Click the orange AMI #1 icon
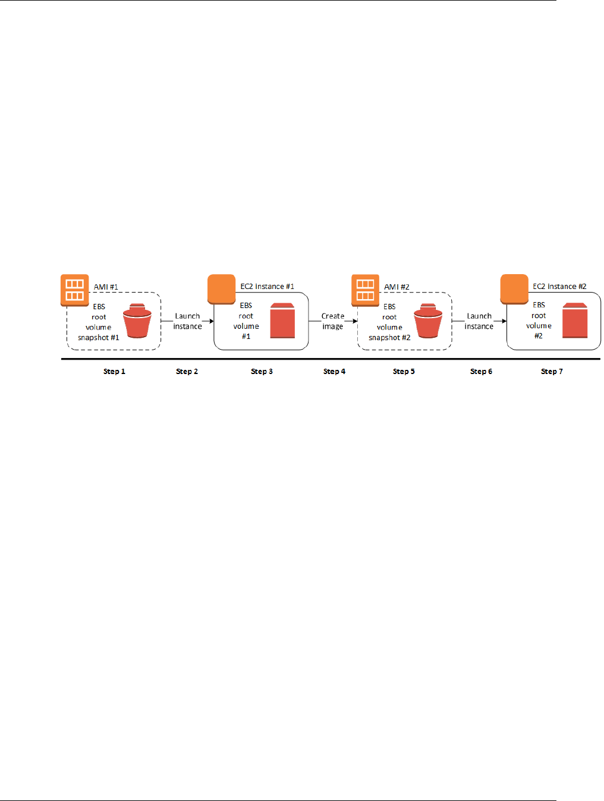(x=74, y=290)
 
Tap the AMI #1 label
(x=106, y=287)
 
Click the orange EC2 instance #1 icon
(x=221, y=289)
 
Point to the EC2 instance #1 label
(x=267, y=287)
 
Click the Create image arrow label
(x=333, y=321)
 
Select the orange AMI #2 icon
(x=365, y=290)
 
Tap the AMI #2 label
(x=397, y=287)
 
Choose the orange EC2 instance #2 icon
(x=514, y=289)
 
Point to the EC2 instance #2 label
(x=559, y=287)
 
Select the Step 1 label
(x=114, y=372)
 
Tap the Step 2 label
(x=187, y=372)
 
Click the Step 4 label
(x=334, y=372)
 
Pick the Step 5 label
(x=404, y=372)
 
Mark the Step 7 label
(x=552, y=372)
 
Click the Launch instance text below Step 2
(x=187, y=321)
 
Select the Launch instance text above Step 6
(x=479, y=321)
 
